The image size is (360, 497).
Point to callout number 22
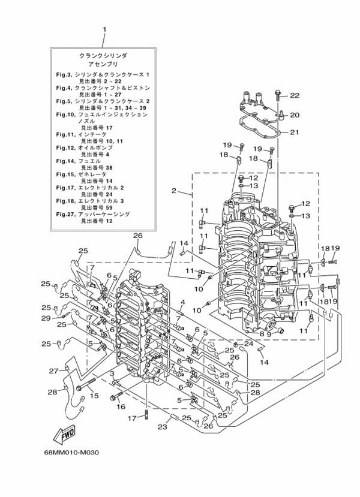pos(295,95)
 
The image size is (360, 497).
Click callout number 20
pos(295,115)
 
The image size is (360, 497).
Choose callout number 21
pos(295,132)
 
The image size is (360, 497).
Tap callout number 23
pos(161,427)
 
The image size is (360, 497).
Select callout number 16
pos(121,406)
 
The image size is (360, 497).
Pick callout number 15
pos(94,396)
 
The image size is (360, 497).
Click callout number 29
pos(46,318)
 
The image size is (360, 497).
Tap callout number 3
pos(112,373)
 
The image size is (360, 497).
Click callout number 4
pos(182,302)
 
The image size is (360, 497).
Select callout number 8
pos(262,333)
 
